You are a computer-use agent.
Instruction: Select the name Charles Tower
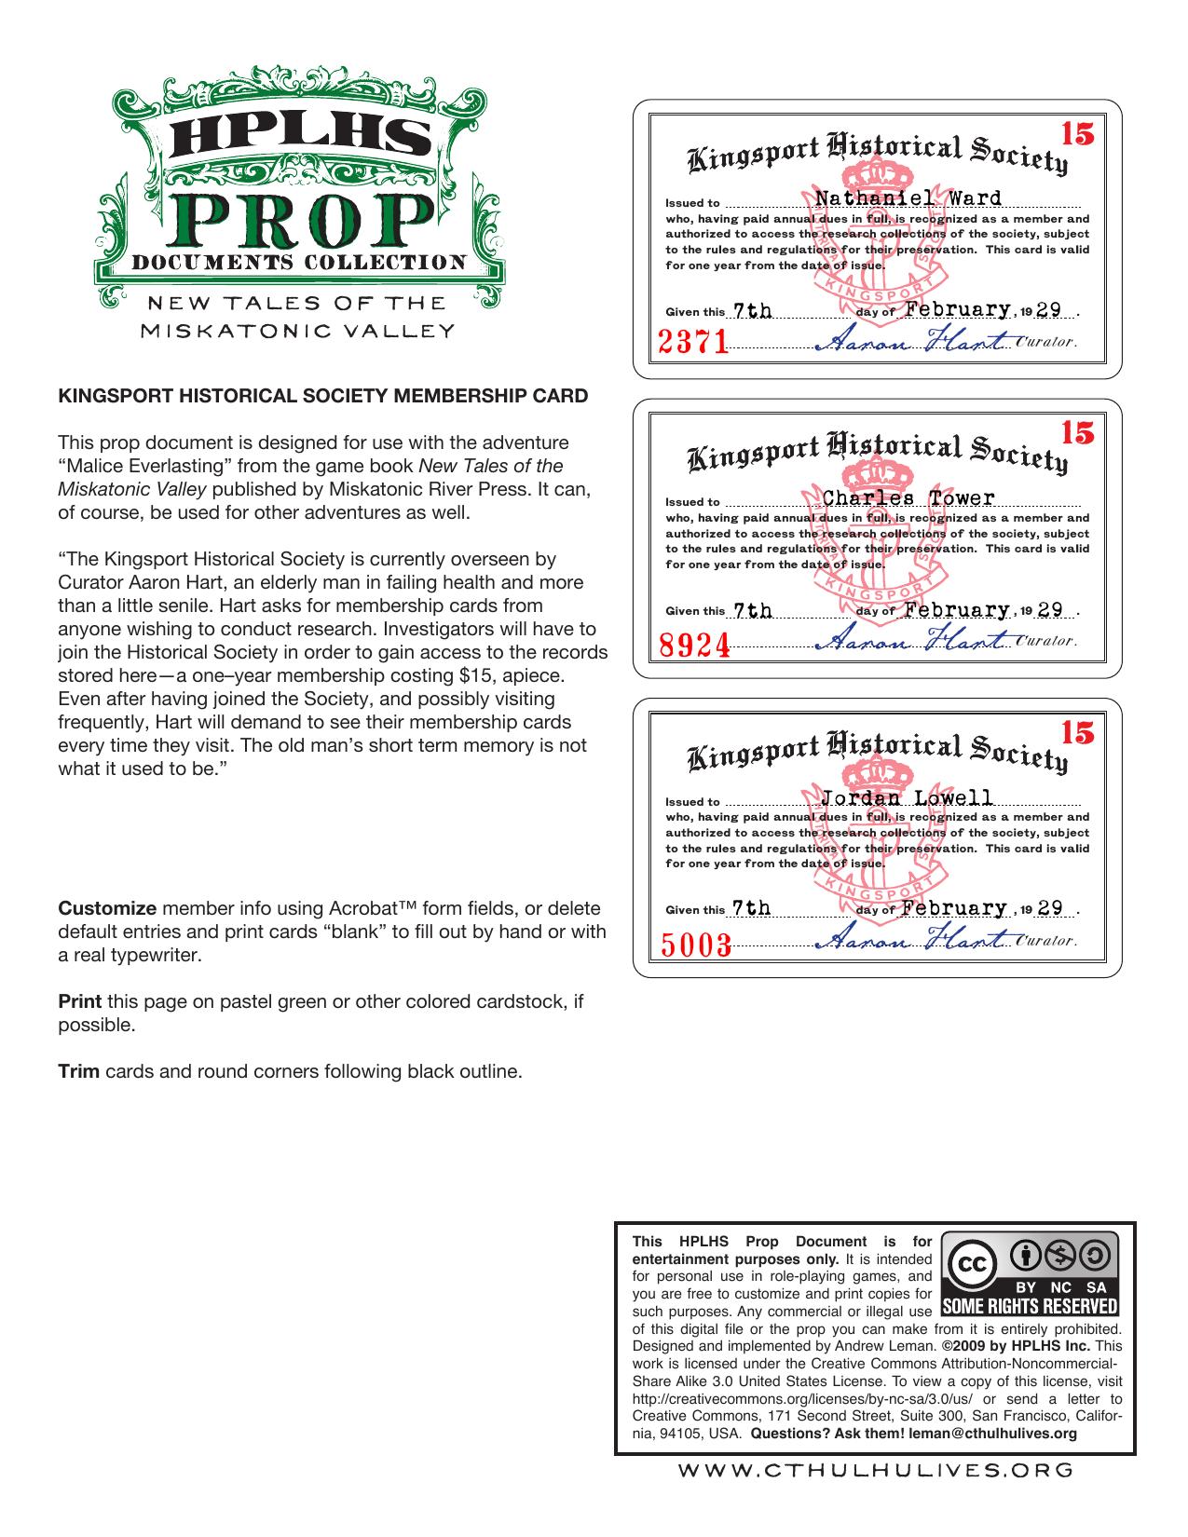[908, 498]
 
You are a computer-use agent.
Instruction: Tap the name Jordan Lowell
[907, 798]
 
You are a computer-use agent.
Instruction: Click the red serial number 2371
[693, 343]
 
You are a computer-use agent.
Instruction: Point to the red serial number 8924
[694, 644]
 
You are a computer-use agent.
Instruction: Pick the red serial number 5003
[695, 945]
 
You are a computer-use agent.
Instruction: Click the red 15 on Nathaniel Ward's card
[1077, 134]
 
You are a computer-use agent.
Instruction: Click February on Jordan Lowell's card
[956, 908]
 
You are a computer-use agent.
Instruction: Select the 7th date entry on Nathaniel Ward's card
[753, 311]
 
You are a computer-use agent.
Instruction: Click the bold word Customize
[107, 908]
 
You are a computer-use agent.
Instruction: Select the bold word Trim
[79, 1071]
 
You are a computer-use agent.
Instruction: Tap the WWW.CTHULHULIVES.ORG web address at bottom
[875, 1470]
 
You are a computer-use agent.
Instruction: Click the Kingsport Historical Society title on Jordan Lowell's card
[877, 753]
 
